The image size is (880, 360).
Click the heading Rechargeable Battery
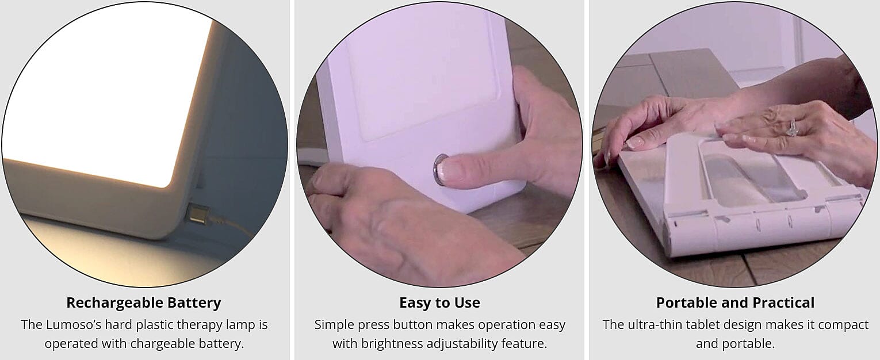(x=143, y=302)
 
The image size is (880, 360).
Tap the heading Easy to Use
(x=439, y=302)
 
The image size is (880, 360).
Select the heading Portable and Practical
(x=735, y=302)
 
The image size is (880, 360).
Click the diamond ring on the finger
(x=792, y=128)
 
